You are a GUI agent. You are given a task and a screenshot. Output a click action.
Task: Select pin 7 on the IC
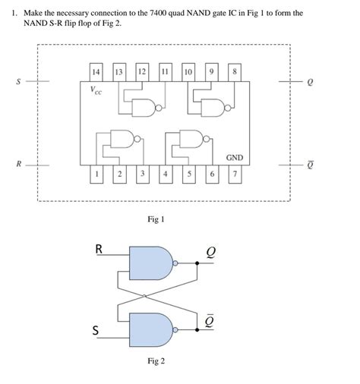tap(235, 174)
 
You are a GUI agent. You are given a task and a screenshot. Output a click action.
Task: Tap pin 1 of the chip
tap(96, 174)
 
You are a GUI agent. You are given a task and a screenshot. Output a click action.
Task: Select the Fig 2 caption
tap(156, 361)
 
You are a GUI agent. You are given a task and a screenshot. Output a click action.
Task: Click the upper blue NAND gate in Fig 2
tap(152, 264)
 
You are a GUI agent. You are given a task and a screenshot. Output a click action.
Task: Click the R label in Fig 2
tap(98, 247)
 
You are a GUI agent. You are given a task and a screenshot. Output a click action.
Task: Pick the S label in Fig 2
tap(96, 331)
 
